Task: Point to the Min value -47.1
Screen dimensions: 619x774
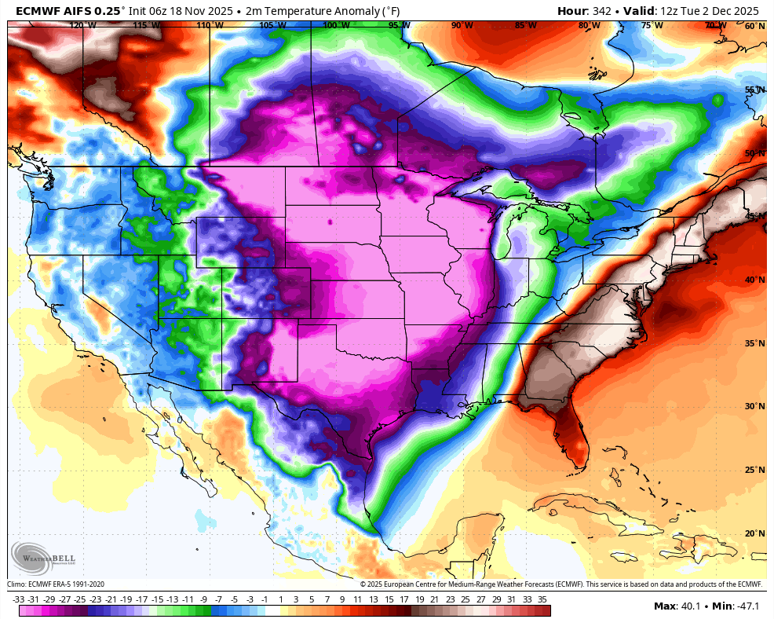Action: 743,606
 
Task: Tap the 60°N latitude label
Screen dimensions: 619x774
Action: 754,26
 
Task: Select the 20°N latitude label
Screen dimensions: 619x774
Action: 754,533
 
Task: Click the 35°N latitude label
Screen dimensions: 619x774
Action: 754,343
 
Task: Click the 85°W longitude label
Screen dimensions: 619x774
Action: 525,25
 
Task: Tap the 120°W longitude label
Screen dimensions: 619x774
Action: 82,25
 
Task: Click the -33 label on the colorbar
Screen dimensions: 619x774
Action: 19,599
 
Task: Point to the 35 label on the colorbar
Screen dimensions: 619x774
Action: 542,599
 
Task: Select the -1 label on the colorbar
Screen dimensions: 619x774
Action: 265,599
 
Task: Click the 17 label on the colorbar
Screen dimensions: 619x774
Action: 403,599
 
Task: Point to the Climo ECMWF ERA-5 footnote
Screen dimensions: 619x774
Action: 56,584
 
